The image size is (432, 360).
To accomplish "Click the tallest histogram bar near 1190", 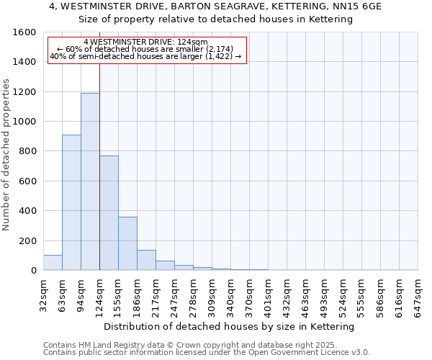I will pos(90,181).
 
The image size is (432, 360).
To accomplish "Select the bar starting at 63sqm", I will pos(71,202).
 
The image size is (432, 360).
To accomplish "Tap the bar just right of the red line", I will pos(109,213).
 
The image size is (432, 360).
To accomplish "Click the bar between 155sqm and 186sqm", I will pos(127,243).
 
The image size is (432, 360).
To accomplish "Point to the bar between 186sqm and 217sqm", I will pos(146,260).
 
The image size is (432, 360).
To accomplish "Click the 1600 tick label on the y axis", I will pos(24,32).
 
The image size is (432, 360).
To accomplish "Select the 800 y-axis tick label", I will pos(27,151).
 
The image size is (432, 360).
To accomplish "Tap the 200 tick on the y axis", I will pos(27,240).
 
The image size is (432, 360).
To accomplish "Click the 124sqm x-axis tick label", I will pos(99,294).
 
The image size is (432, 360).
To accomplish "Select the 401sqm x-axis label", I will pos(268,294).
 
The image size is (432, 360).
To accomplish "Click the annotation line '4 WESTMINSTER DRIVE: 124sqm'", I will pos(145,42).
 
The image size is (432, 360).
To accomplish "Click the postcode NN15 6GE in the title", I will pos(358,6).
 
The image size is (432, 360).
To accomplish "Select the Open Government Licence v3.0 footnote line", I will pos(207,353).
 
